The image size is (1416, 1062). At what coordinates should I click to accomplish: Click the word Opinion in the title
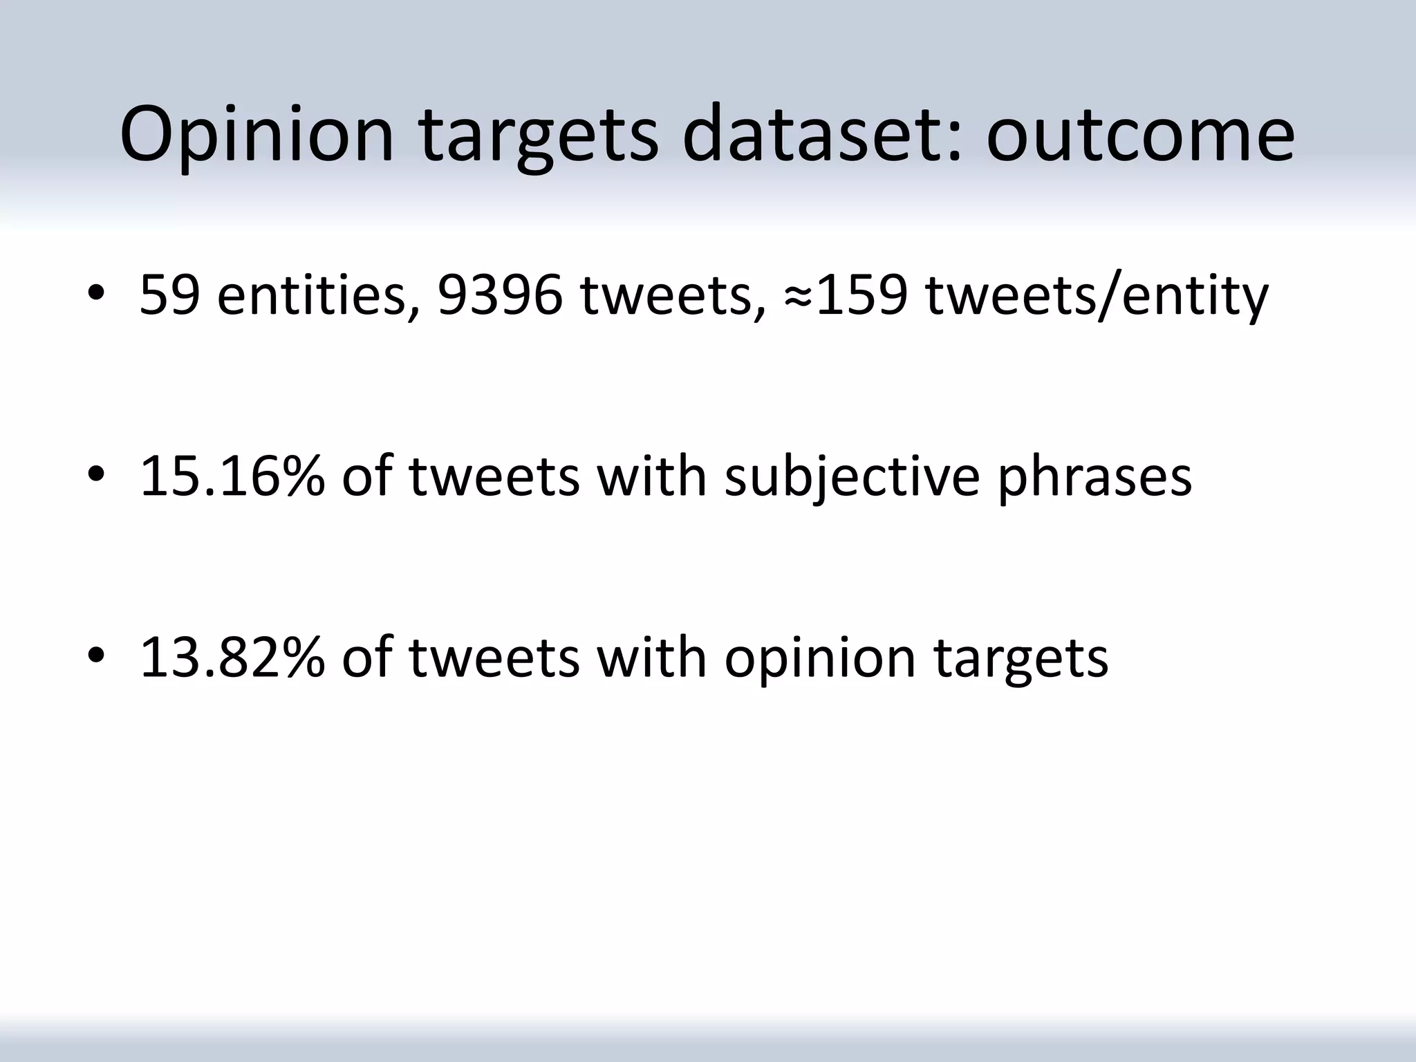click(257, 135)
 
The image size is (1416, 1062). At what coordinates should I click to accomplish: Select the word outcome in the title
click(1140, 135)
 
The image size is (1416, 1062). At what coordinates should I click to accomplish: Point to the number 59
click(170, 295)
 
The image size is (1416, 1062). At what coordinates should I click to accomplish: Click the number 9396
click(500, 295)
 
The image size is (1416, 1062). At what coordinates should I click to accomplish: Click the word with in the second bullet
click(652, 476)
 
